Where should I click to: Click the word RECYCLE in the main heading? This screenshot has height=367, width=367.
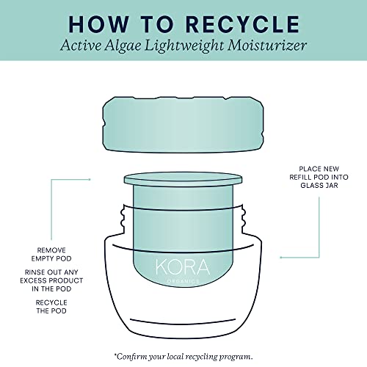click(x=242, y=24)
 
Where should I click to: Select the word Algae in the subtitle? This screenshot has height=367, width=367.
click(x=123, y=46)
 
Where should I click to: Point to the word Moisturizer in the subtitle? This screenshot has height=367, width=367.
click(x=267, y=46)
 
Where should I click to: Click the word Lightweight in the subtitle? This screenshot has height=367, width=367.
click(x=184, y=46)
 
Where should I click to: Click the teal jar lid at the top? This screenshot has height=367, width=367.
click(x=183, y=125)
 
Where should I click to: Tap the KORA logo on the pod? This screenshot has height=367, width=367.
click(x=183, y=267)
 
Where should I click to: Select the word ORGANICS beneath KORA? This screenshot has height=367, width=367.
click(x=183, y=282)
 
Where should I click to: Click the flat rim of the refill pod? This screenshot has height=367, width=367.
click(x=183, y=179)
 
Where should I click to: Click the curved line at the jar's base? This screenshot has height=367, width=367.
click(x=183, y=322)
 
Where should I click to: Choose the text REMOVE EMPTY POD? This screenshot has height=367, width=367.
click(x=51, y=255)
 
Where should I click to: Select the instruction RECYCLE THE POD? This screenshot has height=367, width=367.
click(x=51, y=307)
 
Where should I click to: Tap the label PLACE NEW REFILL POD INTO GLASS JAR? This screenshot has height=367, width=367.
click(x=319, y=177)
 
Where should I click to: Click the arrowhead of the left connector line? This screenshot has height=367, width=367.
click(x=90, y=179)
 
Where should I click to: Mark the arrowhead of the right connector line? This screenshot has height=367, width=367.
click(x=281, y=258)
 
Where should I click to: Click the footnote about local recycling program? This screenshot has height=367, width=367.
click(x=183, y=357)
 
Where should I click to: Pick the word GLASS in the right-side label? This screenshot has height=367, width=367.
click(x=310, y=186)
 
